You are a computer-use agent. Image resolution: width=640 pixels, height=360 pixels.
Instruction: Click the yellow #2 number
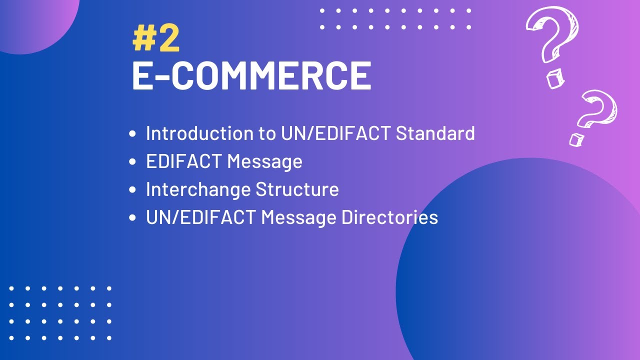(156, 40)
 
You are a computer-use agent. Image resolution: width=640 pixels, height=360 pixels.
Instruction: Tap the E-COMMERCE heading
(251, 76)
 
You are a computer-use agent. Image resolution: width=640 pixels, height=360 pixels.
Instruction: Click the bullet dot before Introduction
(132, 134)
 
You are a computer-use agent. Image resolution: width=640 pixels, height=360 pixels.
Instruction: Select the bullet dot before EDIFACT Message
(132, 162)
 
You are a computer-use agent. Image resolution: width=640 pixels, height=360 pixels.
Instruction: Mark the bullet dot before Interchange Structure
(132, 190)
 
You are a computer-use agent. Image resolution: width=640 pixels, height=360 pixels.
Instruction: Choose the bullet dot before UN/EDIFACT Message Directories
(132, 218)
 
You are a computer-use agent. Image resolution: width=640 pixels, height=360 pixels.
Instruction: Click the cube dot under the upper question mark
(554, 80)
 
